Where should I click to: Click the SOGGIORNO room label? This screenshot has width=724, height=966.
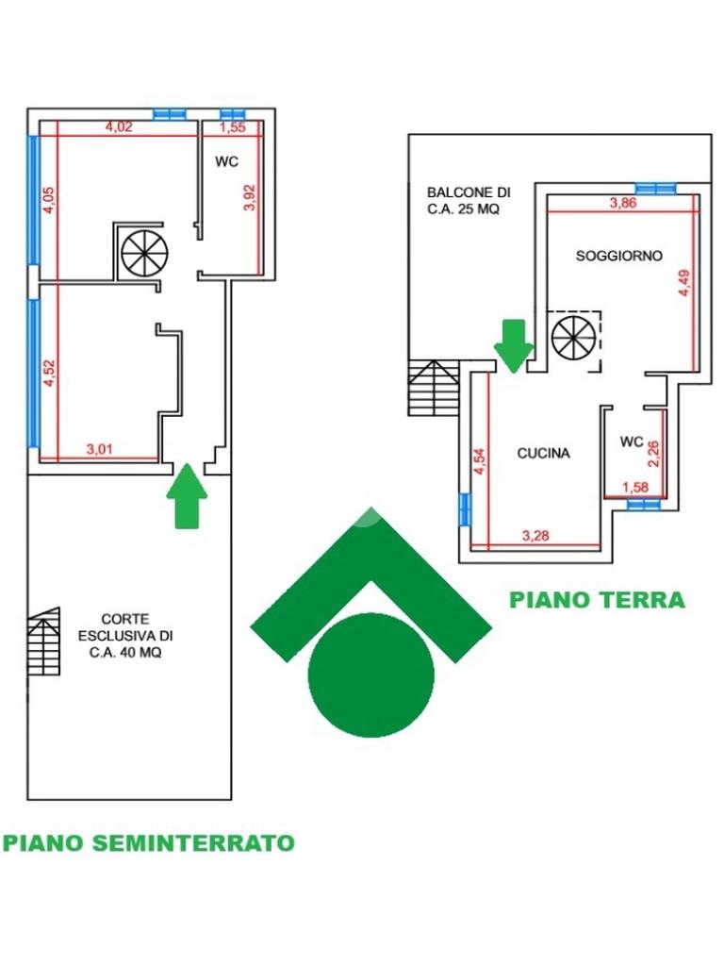click(618, 256)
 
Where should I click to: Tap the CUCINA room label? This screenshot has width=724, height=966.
click(543, 454)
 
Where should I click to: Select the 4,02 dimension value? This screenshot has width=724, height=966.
click(119, 127)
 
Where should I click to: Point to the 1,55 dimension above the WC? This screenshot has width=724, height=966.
click(232, 127)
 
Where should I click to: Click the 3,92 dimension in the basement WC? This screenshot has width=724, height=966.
click(249, 198)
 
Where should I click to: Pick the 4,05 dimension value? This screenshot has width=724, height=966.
click(49, 200)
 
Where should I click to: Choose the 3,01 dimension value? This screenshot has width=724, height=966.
click(99, 449)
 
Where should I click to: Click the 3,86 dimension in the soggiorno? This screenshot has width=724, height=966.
click(623, 203)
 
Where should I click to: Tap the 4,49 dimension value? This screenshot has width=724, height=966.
click(684, 283)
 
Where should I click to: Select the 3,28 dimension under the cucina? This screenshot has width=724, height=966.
click(535, 536)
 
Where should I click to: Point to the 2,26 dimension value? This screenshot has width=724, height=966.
click(654, 454)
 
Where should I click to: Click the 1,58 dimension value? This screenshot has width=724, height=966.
click(634, 488)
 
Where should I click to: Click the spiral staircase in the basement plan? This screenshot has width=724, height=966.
click(144, 253)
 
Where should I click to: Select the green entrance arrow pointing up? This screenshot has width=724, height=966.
click(187, 496)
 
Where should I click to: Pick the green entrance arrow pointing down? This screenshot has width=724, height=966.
click(514, 346)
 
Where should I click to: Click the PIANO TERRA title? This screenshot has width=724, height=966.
click(597, 599)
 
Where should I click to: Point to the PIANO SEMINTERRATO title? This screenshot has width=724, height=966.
click(149, 842)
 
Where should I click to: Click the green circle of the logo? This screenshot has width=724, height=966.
click(371, 675)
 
